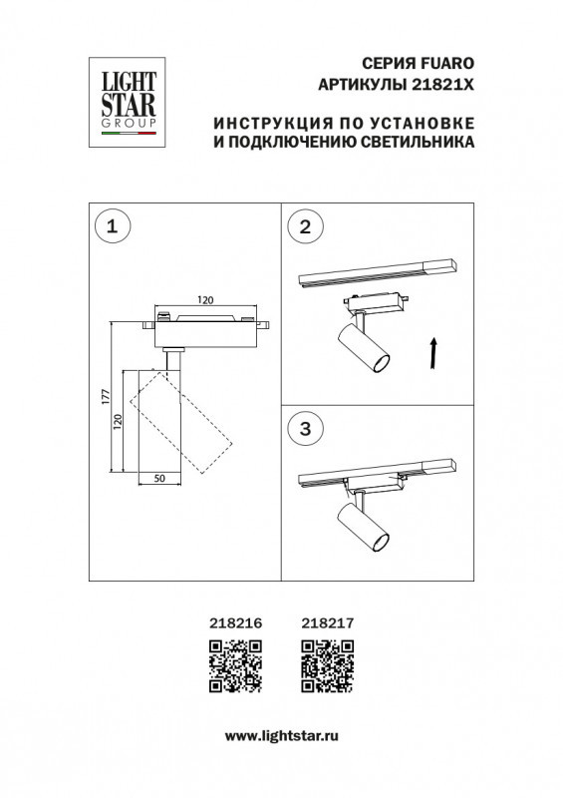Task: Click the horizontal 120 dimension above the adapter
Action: pos(205,298)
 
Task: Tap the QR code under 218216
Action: pos(235,666)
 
